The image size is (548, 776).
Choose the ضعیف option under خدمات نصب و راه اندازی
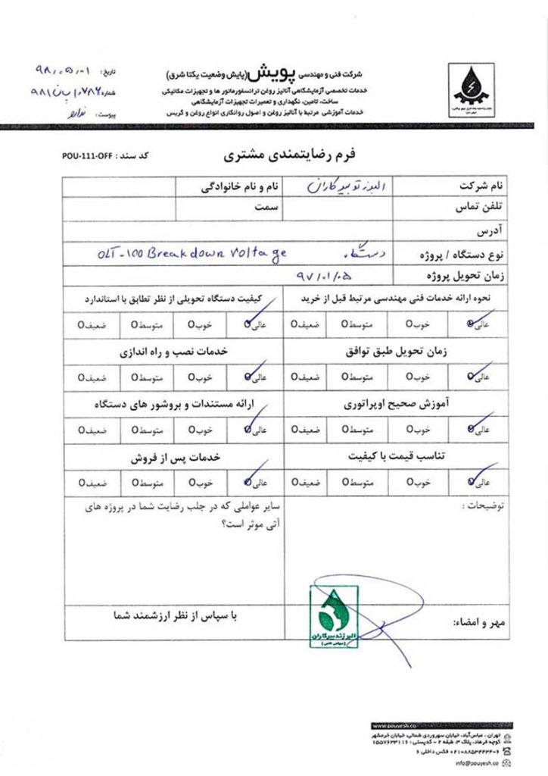pyautogui.click(x=91, y=377)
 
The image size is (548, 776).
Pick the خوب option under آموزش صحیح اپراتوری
pyautogui.click(x=416, y=430)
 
